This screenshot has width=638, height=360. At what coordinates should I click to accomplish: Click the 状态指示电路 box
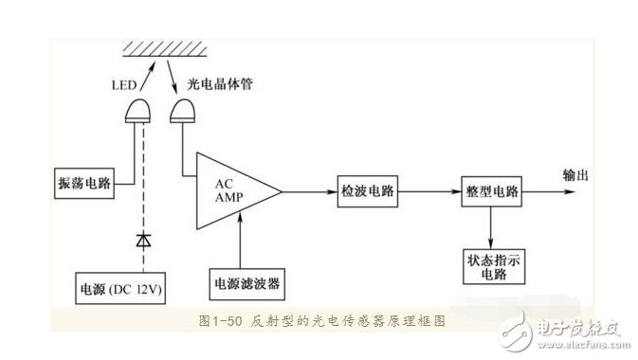[491, 265]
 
